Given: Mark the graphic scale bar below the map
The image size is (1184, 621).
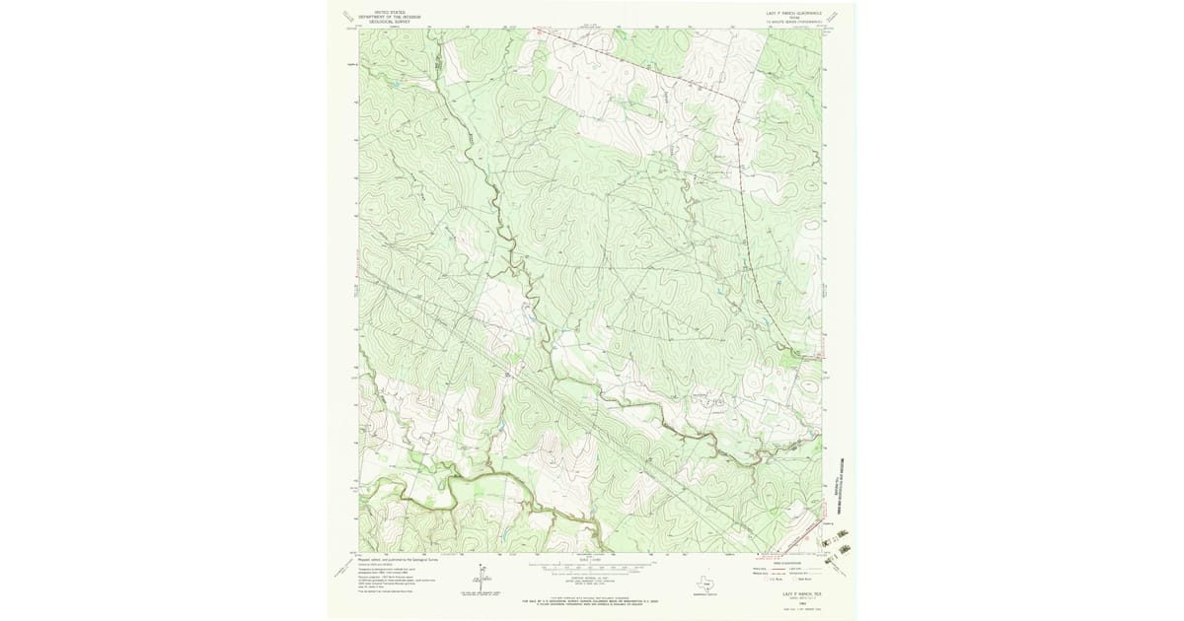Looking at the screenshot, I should pyautogui.click(x=592, y=569).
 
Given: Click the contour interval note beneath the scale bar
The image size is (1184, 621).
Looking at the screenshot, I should pyautogui.click(x=592, y=580).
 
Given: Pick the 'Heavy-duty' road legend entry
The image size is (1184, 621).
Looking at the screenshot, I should pyautogui.click(x=762, y=569).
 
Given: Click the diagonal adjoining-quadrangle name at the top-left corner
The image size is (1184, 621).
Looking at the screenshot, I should pyautogui.click(x=342, y=15).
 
